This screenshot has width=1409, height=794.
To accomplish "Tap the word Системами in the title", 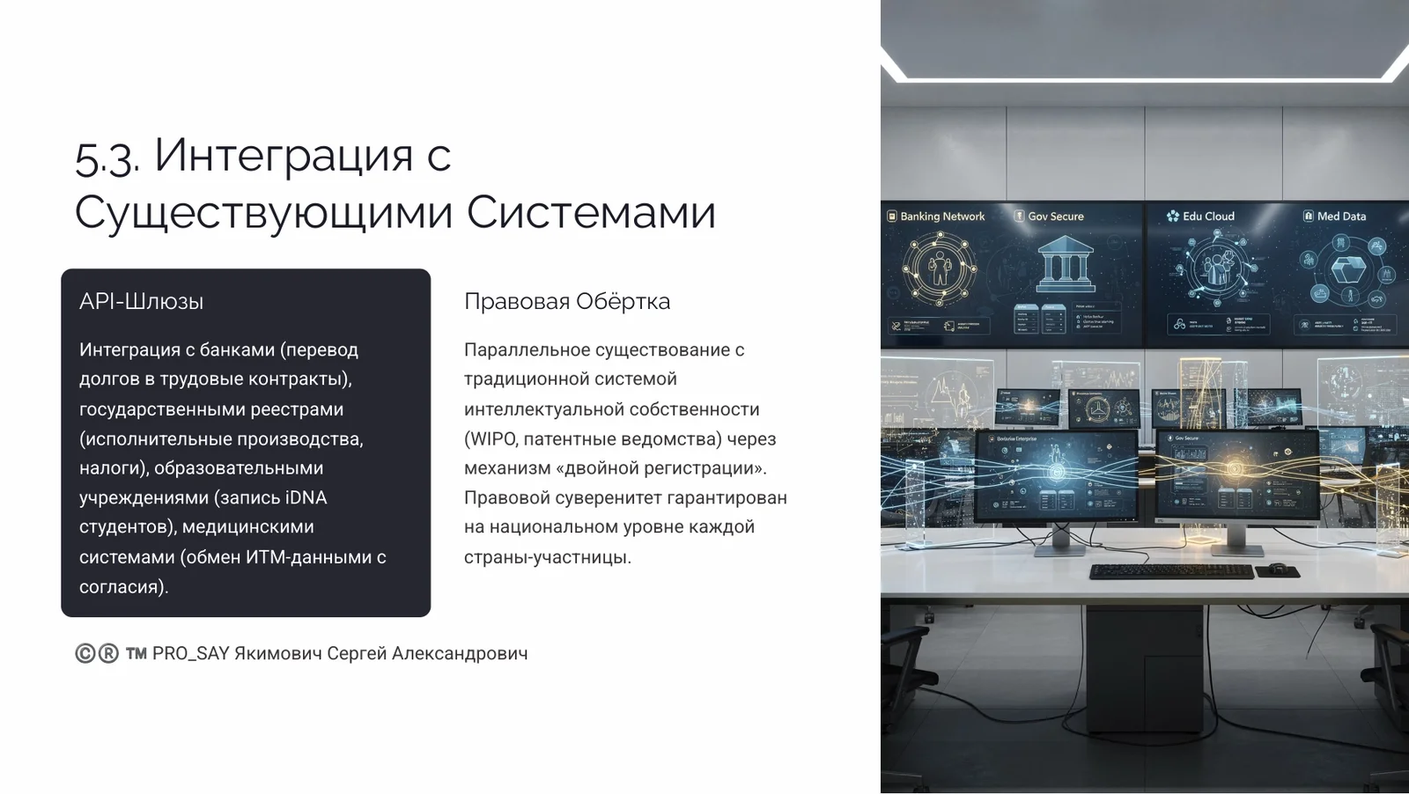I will point(591,213).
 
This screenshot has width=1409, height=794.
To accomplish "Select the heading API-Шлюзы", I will point(141,302).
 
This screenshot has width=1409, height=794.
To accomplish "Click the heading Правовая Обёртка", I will point(566,302).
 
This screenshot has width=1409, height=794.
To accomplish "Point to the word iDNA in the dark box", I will point(306,498).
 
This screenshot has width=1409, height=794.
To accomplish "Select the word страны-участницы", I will point(546,557).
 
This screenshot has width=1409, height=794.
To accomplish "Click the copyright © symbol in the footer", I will point(85,653).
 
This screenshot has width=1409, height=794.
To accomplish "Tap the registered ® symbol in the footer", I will point(107,653).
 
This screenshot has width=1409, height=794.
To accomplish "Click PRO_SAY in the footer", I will point(190,653).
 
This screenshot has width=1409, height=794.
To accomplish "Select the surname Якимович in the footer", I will point(277,653).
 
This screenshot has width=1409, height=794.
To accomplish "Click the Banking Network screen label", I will point(941,217).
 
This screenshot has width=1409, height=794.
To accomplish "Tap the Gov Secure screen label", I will point(1055,217).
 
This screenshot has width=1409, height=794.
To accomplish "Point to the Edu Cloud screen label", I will point(1207,217).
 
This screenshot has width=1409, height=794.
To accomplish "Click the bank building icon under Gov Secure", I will point(1065,265).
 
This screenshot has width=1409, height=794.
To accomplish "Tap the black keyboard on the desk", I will point(1170,572).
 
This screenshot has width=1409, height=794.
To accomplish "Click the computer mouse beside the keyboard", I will point(1276,568).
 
